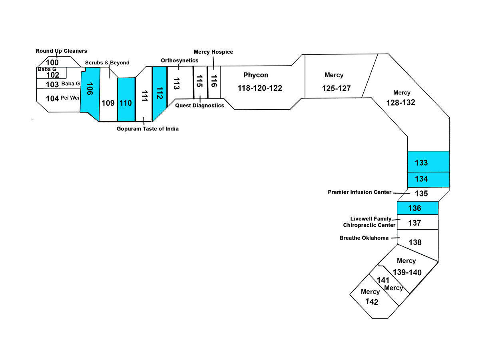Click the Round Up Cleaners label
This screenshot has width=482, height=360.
click(61, 51)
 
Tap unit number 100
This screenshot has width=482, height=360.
click(52, 62)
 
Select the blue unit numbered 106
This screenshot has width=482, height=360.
click(90, 94)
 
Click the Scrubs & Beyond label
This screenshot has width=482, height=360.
click(107, 63)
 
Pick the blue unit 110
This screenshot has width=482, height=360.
click(126, 99)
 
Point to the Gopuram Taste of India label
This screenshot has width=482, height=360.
click(147, 129)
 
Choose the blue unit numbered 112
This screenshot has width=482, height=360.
click(159, 92)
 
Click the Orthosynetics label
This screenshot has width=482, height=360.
click(179, 60)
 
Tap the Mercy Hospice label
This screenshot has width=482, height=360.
click(213, 52)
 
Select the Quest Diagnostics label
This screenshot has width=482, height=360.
click(199, 106)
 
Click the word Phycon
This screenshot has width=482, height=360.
click(256, 75)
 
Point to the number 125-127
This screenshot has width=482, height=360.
click(336, 88)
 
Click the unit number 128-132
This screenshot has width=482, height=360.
click(400, 103)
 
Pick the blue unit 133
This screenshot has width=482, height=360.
click(428, 162)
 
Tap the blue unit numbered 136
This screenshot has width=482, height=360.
click(417, 208)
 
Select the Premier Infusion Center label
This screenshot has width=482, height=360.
click(359, 192)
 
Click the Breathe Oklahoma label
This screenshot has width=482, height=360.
click(364, 238)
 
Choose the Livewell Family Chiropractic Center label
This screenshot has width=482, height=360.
click(369, 222)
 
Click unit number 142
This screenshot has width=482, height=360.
click(372, 302)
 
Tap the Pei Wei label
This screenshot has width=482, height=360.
click(70, 98)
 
